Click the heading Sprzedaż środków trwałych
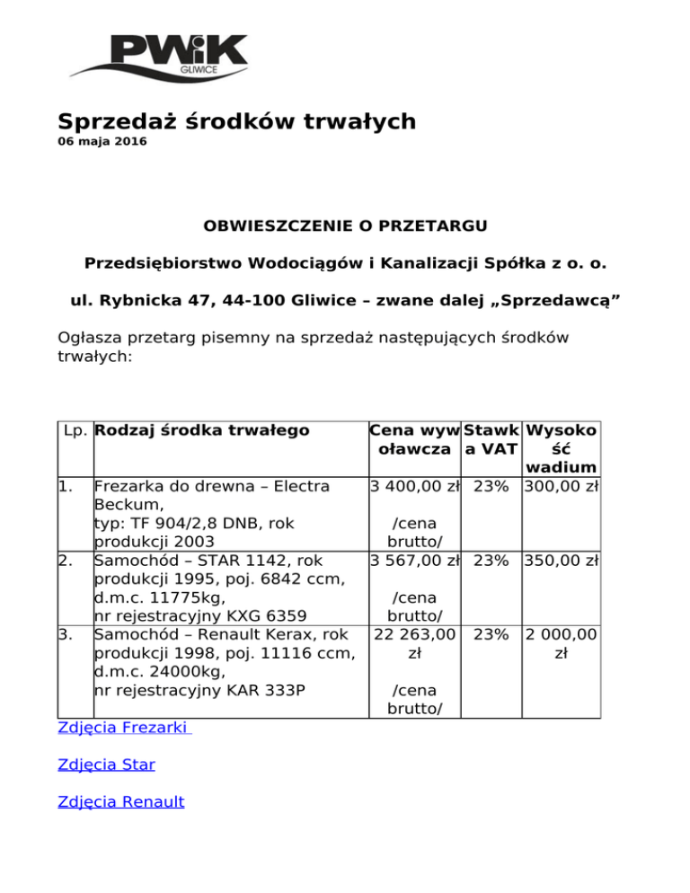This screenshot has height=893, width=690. tap(237, 121)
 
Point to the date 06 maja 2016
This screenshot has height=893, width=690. tap(102, 142)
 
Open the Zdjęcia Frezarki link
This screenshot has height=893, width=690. tap(124, 728)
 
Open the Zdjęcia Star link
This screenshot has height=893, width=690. tap(106, 765)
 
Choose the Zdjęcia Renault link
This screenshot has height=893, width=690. tap(120, 801)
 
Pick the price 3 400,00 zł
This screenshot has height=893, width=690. tap(414, 488)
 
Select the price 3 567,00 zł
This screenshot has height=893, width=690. tap(414, 561)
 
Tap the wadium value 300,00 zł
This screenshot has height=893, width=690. tap(562, 488)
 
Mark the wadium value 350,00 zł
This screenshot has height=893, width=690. tap(562, 561)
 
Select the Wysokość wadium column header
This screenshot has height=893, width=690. tap(562, 448)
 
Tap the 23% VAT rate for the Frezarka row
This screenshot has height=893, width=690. tap(491, 488)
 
